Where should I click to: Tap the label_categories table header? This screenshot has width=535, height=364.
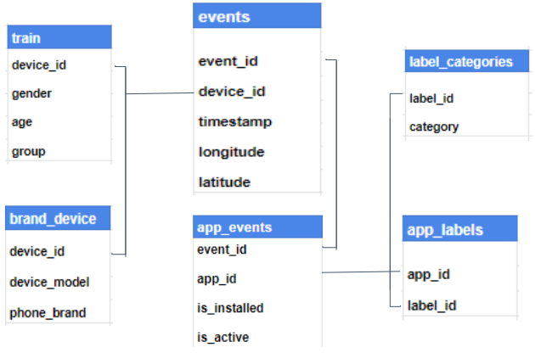coord(460,61)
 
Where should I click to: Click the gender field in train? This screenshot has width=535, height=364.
coord(31,93)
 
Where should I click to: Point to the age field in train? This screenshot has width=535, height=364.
coord(22,122)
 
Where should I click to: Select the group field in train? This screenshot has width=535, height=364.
coord(28,151)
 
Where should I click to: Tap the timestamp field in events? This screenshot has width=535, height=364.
coord(234,121)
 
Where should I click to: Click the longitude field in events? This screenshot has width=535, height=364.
coord(231,152)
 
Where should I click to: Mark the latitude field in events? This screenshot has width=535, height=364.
coord(224,182)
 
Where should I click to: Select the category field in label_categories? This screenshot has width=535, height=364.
coord(433,126)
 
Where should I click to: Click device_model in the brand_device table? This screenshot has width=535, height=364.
coord(49,282)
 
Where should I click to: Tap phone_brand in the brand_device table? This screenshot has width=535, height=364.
coord(48,312)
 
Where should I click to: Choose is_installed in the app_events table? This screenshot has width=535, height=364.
coord(229,307)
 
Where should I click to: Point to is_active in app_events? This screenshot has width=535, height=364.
coord(222,337)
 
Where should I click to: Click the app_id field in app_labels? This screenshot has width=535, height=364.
coord(429,273)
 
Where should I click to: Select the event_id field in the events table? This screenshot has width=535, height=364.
coord(228,61)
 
